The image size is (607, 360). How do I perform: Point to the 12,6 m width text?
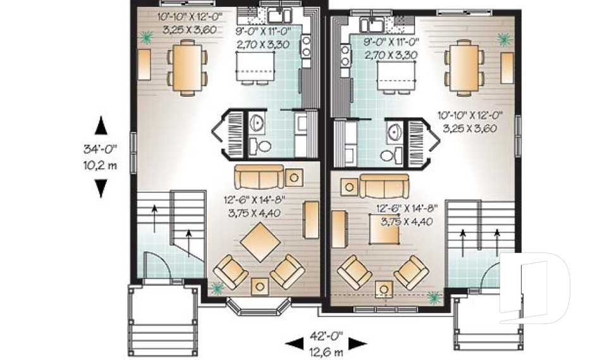326,351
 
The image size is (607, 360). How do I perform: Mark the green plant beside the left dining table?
147,38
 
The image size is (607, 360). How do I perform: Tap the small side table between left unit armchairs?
259,286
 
